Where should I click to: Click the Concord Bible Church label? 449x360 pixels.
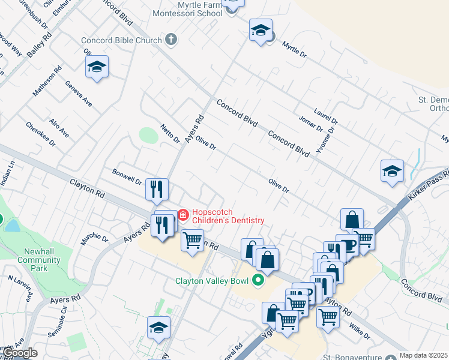pos(122,40)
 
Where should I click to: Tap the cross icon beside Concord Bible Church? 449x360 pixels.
pos(171,40)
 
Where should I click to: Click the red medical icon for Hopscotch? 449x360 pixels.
pos(182,214)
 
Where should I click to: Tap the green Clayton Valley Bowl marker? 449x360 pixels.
pos(259,280)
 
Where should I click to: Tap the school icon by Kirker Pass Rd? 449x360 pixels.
pos(392,171)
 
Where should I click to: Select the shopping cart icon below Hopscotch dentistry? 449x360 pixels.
pos(192,241)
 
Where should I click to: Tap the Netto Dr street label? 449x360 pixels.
pos(170,134)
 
